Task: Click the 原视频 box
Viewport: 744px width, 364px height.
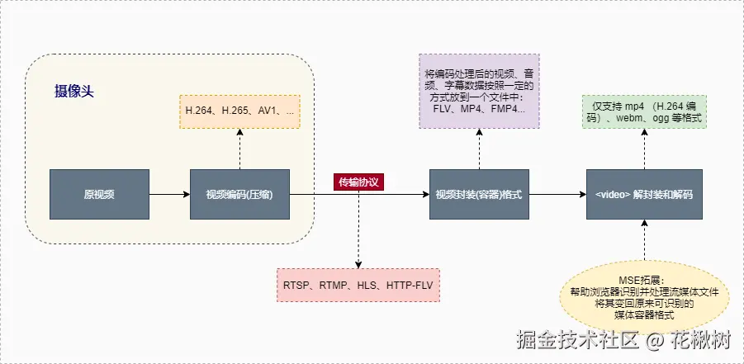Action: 99,195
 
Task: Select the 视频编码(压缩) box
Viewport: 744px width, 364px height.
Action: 239,195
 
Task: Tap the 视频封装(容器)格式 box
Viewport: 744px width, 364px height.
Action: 479,195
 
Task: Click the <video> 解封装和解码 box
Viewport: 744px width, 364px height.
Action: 644,195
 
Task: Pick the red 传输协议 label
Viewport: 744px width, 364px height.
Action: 359,182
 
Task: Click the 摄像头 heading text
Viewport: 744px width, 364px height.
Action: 74,91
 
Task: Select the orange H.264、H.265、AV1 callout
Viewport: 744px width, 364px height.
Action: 239,111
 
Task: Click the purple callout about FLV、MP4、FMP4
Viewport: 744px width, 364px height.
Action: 479,91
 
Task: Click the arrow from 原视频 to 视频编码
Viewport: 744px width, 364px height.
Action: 169,195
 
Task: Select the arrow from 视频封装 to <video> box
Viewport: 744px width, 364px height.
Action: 557,195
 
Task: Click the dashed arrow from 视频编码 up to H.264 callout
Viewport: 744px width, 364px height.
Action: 239,149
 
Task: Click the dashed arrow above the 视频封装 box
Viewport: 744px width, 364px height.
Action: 479,149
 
